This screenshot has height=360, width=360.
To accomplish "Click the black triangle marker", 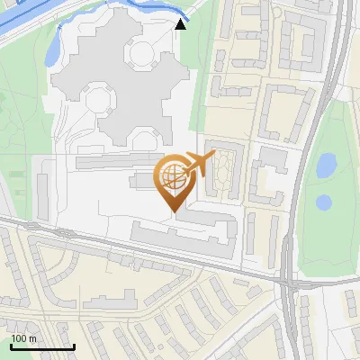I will click(181, 23).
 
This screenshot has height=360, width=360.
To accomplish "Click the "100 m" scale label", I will click(24, 338).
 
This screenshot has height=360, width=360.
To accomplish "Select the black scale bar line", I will click(41, 346).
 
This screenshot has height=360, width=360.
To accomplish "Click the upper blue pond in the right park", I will click(326, 165).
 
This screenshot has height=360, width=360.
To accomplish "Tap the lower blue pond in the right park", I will click(324, 202).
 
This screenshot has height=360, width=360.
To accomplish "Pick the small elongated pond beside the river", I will click(52, 41).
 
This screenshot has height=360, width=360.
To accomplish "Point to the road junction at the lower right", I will click(286, 281).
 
